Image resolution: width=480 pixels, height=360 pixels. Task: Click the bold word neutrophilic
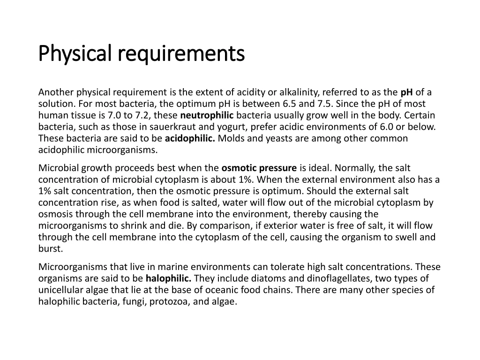coord(207,115)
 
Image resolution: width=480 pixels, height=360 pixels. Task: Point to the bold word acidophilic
coord(190,138)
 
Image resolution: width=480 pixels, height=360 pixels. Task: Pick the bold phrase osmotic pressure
coord(259,168)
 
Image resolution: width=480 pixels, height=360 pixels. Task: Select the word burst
coord(51,248)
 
